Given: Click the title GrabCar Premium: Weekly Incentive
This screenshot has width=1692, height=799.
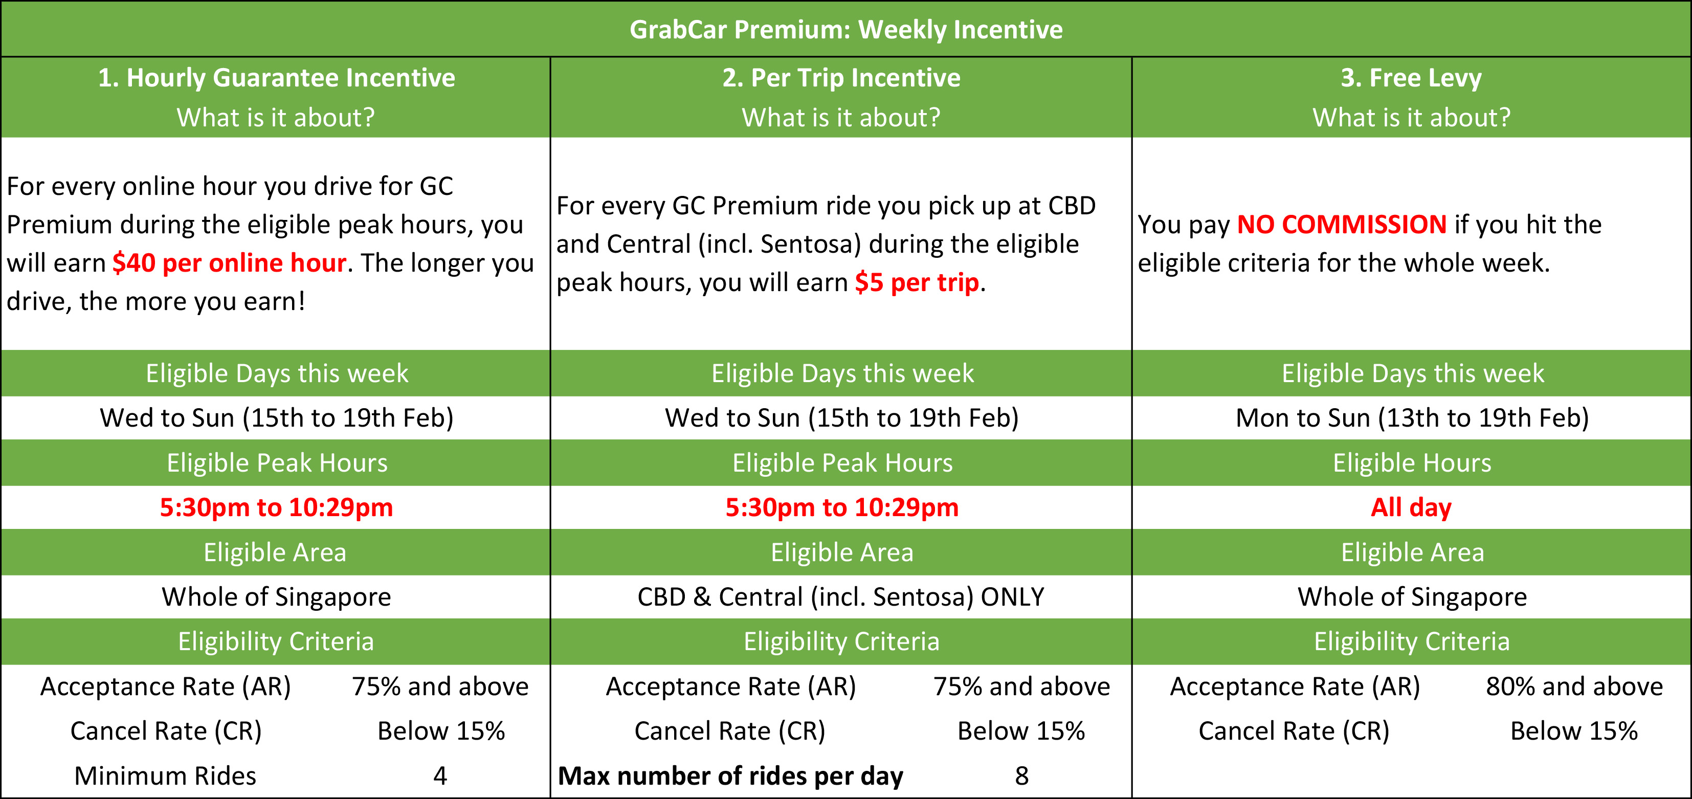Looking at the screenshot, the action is click(x=846, y=30).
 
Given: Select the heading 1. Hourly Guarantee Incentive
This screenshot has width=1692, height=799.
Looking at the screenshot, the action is click(x=277, y=78).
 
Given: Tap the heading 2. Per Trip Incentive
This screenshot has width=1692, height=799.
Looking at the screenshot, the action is click(x=841, y=78).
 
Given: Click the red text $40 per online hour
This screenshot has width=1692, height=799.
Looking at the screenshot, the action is click(x=229, y=263).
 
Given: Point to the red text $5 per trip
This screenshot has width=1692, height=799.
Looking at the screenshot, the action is click(x=917, y=282).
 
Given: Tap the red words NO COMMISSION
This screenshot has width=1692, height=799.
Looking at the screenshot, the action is click(x=1342, y=225).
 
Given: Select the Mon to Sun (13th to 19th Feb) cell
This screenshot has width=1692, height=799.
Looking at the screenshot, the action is click(x=1412, y=418).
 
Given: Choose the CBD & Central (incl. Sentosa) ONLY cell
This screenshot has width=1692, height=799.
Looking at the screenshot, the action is click(x=841, y=596).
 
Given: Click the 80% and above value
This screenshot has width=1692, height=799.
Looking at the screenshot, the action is click(x=1574, y=686).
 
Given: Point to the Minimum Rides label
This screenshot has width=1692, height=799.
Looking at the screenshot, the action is click(x=166, y=776).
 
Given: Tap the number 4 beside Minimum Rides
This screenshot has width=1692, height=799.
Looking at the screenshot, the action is click(x=440, y=776).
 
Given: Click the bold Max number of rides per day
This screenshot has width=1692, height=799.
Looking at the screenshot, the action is click(x=730, y=776).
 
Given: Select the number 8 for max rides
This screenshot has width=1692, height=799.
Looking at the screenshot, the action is click(x=1021, y=776).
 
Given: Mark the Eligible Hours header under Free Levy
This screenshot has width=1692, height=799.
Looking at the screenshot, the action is click(x=1412, y=462).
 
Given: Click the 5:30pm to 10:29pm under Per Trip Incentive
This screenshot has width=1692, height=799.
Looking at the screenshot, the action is click(x=842, y=507).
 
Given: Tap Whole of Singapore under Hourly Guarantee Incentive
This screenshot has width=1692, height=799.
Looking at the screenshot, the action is click(x=277, y=596).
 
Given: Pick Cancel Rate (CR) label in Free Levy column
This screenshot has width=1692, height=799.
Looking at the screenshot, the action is click(x=1294, y=731).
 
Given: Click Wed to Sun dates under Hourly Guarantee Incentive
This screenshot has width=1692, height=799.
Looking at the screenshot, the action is click(x=277, y=418).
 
